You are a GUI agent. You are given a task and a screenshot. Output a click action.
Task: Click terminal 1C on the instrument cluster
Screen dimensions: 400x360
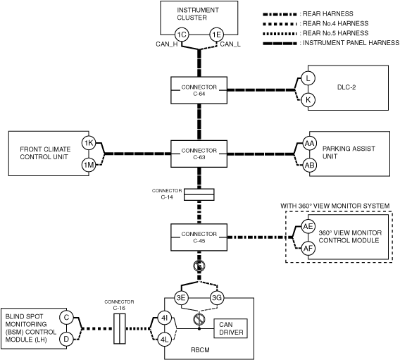(x=182, y=35)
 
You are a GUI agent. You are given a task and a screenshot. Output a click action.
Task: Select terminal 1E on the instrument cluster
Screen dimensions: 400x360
(x=217, y=35)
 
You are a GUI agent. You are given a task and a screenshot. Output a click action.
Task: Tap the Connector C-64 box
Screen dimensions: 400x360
(x=199, y=90)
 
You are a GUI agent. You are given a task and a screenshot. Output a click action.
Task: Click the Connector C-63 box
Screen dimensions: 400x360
(x=199, y=154)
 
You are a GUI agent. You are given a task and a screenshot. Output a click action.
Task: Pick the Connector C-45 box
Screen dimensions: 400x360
(x=199, y=237)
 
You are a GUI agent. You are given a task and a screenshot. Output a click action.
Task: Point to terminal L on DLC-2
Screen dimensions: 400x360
(x=308, y=78)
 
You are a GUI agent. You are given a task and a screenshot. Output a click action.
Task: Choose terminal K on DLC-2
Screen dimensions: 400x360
(x=308, y=100)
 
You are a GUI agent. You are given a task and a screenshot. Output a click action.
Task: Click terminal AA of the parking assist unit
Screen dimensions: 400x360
(x=309, y=144)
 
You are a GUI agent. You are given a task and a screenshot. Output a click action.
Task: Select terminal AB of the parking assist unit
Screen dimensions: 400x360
(x=309, y=165)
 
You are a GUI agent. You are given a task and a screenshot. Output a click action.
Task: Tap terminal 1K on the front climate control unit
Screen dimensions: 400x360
(x=89, y=143)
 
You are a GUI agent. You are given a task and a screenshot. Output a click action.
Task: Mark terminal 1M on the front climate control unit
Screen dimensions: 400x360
(x=89, y=165)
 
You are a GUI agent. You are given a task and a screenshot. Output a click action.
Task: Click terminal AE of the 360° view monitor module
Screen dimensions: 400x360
(x=308, y=226)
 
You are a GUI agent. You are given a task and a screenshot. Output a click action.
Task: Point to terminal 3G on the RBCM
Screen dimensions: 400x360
(x=217, y=298)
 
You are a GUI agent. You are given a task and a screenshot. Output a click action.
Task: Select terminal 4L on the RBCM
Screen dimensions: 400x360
(x=164, y=340)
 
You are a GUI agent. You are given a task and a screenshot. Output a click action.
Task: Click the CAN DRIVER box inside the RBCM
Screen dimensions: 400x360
(x=230, y=328)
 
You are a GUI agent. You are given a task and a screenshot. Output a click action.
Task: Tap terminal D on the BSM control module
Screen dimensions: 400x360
(x=66, y=340)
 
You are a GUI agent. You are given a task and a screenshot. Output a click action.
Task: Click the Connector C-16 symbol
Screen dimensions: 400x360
(x=120, y=328)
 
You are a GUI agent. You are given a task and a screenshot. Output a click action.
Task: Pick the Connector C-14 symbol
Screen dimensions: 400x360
(x=199, y=194)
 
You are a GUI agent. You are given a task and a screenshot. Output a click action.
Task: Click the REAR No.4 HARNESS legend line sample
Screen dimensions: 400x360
(x=280, y=24)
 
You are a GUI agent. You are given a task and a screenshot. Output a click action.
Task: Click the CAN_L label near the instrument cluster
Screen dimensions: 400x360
(x=230, y=44)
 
